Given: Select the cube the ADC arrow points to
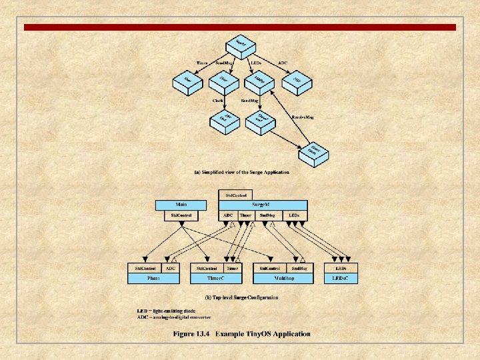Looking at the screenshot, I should point(297,81).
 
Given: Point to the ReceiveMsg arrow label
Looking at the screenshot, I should point(303,117).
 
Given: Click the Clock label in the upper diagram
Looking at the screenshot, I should point(218,100).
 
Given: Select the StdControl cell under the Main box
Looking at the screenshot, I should point(181,215).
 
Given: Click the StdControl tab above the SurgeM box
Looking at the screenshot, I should point(235,195).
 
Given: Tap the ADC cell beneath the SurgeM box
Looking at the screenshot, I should point(228,215).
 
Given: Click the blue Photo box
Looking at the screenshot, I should point(153,277).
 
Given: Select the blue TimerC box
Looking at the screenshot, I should point(215,277).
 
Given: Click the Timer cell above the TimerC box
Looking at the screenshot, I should point(233,268).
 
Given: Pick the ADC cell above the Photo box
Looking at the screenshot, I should point(171,268).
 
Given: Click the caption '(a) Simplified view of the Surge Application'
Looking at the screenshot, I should point(242,173).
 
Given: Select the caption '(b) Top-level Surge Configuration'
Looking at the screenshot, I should point(241,297).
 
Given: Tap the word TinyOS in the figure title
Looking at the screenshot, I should point(248,334).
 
